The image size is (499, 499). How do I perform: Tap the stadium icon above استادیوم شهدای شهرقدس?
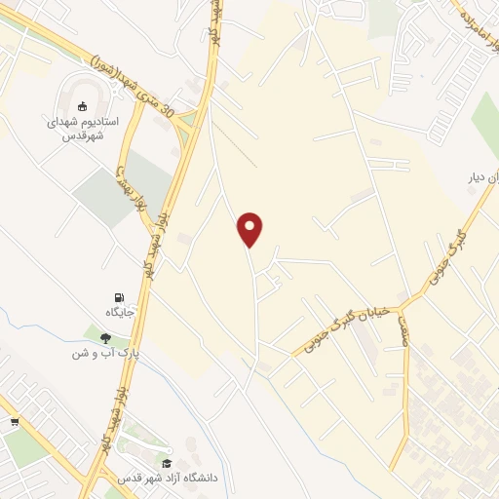click(83, 105)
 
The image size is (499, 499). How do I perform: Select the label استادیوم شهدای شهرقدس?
click(83, 128)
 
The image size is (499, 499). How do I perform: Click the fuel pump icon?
click(119, 297)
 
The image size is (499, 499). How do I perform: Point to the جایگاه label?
click(119, 313)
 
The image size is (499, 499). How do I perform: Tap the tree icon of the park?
click(105, 338)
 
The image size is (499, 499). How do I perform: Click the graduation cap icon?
click(167, 463)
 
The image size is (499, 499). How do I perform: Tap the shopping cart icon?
click(15, 422)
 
